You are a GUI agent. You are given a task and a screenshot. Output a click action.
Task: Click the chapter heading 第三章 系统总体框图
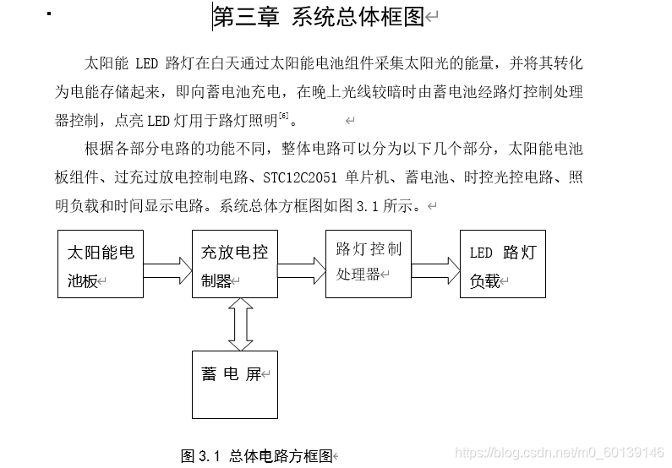(318, 18)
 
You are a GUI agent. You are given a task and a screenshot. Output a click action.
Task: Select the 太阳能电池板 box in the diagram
(101, 264)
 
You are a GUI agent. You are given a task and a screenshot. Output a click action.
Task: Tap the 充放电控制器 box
(234, 264)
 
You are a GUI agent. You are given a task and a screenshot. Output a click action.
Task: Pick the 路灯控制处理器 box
(369, 262)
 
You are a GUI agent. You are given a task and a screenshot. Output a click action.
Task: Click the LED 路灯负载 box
(503, 264)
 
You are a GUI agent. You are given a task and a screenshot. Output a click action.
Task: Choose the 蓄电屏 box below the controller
(234, 384)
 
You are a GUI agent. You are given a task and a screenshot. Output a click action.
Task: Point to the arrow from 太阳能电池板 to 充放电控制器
(167, 270)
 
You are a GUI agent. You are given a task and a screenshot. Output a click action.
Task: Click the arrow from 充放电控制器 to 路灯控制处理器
(302, 270)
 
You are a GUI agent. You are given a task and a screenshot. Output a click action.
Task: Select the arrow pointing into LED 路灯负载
(436, 270)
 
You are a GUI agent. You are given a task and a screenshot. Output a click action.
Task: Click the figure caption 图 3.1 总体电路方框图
(257, 456)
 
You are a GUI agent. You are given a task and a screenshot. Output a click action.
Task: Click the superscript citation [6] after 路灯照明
(283, 114)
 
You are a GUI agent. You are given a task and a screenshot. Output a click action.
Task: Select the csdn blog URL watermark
(559, 454)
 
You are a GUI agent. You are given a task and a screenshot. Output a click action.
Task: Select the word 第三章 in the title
(246, 18)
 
